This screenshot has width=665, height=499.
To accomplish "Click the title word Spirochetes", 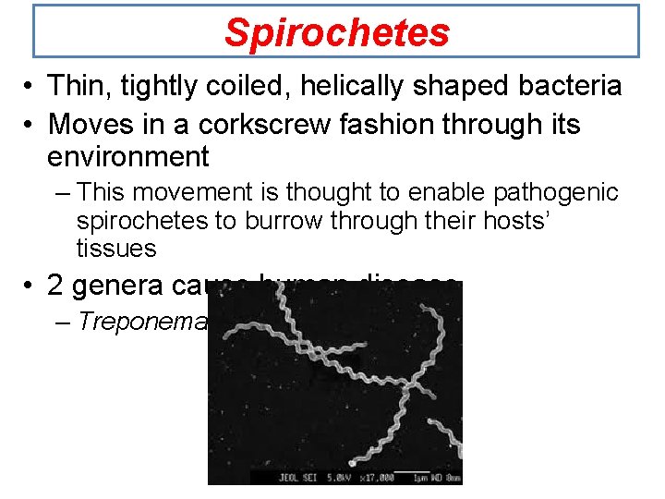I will click(336, 32).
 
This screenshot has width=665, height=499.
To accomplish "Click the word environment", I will click(128, 155).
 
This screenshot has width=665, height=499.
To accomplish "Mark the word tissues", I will click(116, 248).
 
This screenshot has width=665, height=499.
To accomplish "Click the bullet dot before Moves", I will click(30, 123).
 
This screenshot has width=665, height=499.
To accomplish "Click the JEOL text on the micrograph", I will click(277, 478).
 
